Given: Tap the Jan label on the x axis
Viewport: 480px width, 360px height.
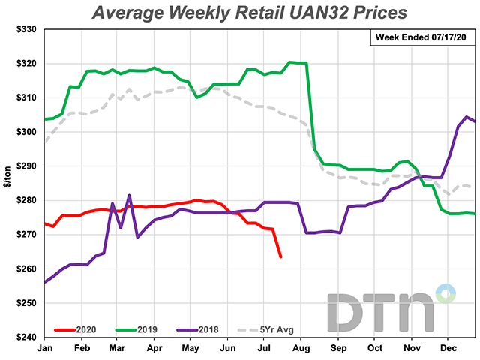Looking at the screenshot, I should (45, 349).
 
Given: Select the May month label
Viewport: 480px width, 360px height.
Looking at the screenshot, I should (190, 349).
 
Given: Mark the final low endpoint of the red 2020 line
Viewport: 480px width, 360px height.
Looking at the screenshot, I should (280, 257).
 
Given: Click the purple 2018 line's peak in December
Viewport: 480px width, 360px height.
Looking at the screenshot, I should (466, 116).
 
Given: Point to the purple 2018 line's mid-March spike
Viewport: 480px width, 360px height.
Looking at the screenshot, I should (129, 196).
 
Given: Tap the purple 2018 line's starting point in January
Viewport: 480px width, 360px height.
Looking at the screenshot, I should (46, 282).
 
